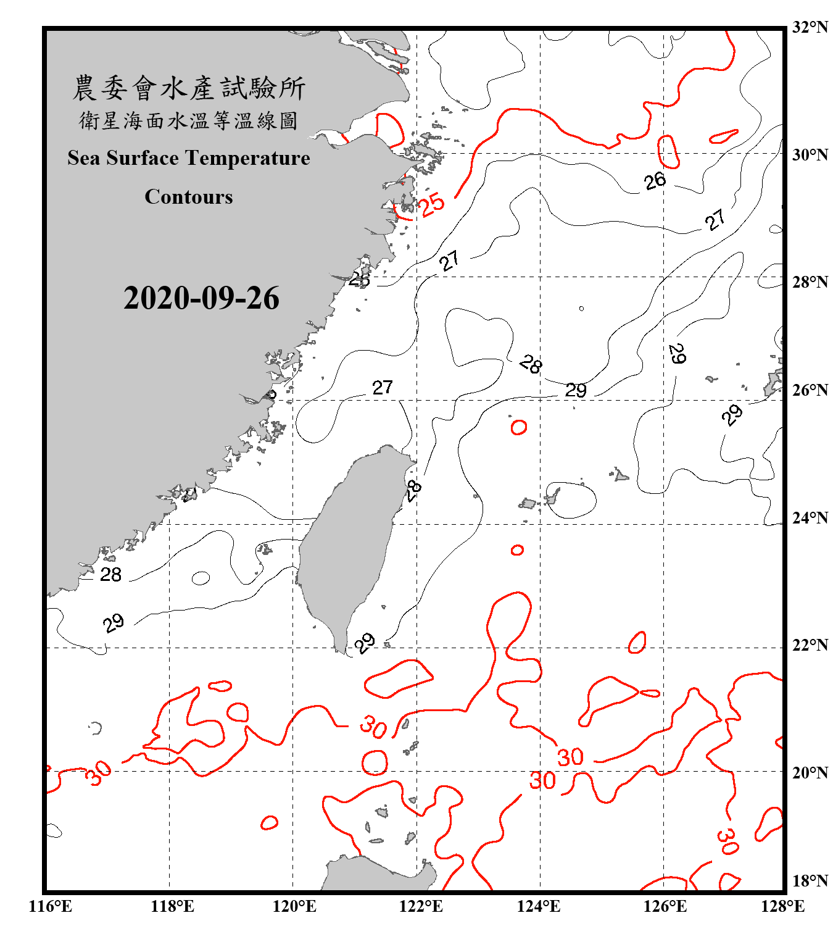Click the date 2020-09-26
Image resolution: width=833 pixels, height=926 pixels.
[201, 298]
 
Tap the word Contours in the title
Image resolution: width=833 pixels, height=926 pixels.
[189, 196]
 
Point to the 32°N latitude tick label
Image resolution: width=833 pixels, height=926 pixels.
[810, 27]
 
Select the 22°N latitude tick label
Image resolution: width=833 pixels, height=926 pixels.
[810, 645]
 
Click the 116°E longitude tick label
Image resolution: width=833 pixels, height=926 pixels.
[51, 906]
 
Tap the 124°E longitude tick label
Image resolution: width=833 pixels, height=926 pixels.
[539, 906]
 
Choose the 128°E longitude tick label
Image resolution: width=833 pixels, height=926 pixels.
[782, 906]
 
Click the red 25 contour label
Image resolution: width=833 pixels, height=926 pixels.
[431, 204]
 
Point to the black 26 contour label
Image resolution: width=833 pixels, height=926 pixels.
[655, 181]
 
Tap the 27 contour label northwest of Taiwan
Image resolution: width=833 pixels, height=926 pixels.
[383, 387]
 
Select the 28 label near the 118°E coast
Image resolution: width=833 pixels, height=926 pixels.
[111, 575]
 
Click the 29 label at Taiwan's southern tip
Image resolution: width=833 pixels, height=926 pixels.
[365, 643]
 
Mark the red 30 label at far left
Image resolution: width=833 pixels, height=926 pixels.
[98, 774]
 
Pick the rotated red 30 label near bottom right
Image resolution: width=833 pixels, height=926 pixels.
[727, 841]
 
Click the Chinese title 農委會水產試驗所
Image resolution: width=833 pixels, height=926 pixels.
[189, 88]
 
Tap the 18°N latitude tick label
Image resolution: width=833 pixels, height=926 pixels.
[810, 881]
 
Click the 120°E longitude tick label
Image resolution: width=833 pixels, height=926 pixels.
[294, 906]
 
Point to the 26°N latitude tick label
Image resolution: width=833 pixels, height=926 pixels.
[810, 390]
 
